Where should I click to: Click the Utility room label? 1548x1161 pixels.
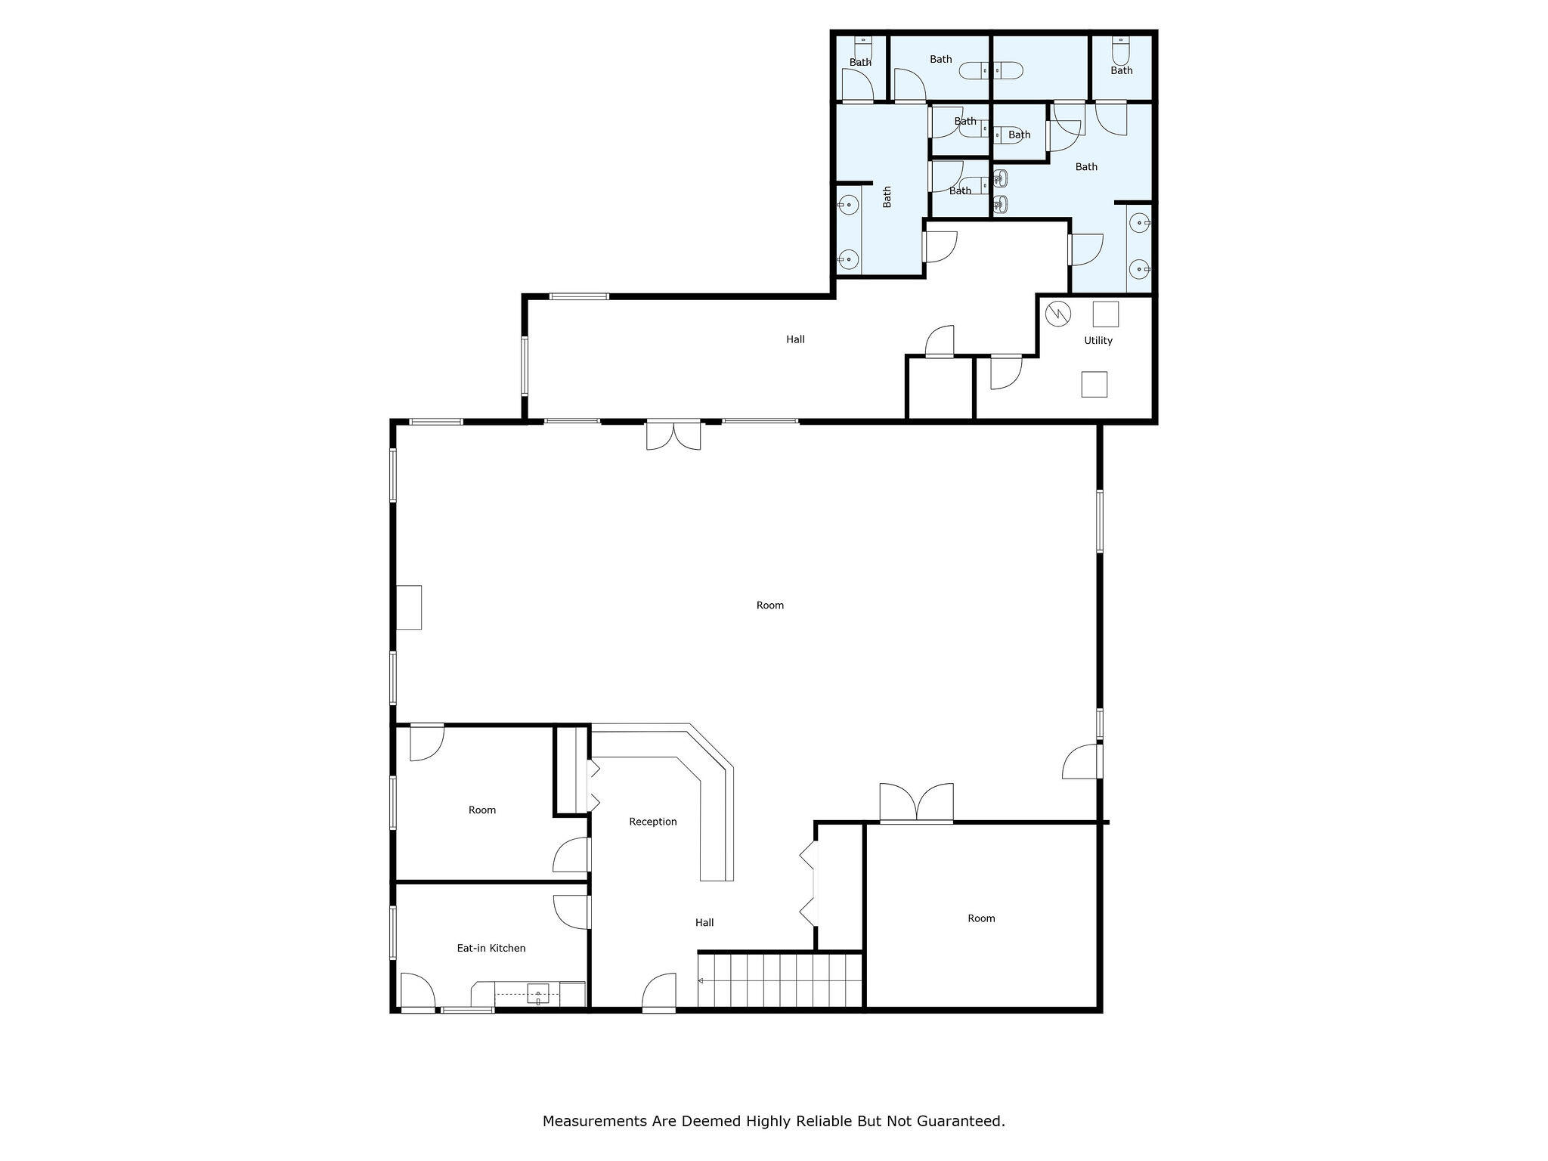1098,341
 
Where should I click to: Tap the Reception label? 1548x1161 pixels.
652,822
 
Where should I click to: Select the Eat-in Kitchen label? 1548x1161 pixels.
491,948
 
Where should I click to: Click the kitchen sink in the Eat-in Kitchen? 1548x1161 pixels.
537,994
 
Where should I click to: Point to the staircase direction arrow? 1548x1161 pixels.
701,981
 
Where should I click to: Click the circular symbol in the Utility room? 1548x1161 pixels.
1058,314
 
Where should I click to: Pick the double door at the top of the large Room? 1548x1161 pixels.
673,436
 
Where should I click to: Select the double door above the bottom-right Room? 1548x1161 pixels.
916,804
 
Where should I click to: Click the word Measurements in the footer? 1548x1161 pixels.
595,1121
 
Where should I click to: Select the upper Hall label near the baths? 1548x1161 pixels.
794,339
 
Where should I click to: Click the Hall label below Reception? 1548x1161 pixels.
704,922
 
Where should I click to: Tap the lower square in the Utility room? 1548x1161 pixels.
1094,384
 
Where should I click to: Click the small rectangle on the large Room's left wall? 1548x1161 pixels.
409,607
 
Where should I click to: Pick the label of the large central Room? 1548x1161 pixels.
769,605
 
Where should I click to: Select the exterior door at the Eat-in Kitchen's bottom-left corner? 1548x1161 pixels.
417,992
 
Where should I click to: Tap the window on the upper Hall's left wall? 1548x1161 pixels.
525,367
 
